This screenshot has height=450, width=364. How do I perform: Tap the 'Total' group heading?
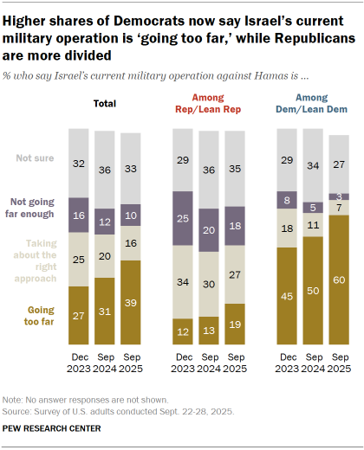click(x=106, y=105)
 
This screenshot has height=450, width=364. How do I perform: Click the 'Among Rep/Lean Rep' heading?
click(x=209, y=105)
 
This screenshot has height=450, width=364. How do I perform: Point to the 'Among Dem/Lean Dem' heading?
click(x=313, y=105)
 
